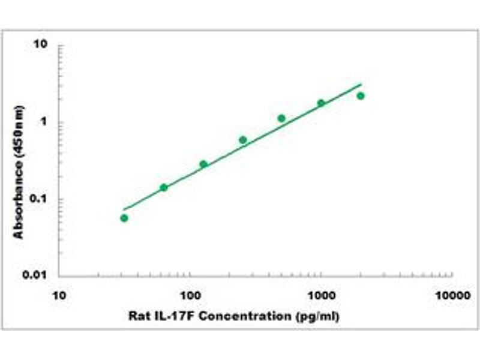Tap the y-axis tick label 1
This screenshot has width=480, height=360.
44,122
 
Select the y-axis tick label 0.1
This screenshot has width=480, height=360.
39,199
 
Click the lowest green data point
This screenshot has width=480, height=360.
124,218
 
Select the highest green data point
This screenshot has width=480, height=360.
361,96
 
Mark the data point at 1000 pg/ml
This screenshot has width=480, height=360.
321,103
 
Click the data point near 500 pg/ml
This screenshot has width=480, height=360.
281,118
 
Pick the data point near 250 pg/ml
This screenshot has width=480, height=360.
243,140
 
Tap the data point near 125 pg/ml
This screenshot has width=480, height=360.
203,164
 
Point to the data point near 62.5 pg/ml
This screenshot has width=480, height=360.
164,187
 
